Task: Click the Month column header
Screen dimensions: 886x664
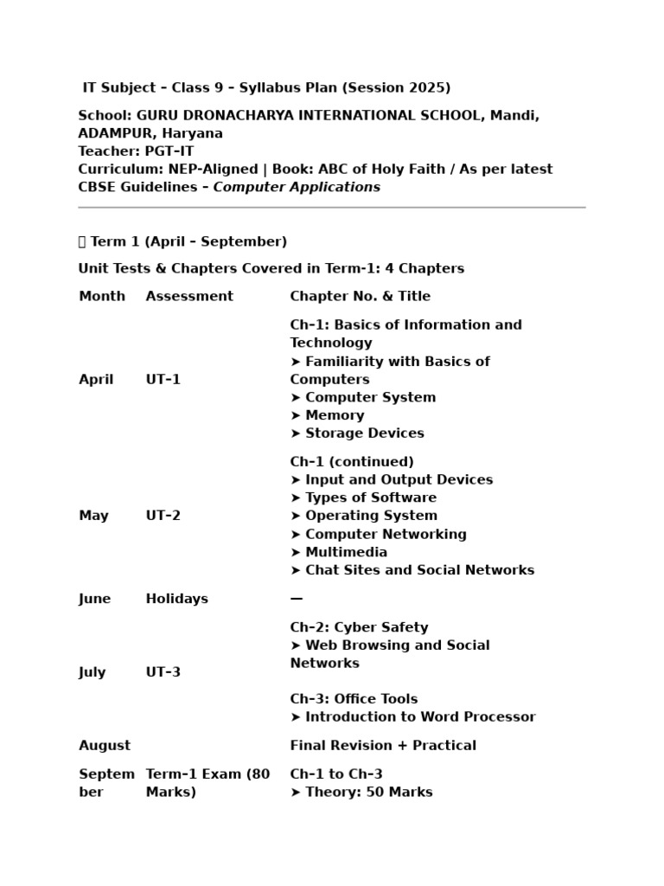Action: [x=102, y=296]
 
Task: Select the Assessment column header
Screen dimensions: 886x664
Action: [x=189, y=296]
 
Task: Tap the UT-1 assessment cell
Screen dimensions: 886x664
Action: [x=163, y=379]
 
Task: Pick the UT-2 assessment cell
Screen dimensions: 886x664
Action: [x=163, y=516]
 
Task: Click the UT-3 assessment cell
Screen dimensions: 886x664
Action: [x=163, y=672]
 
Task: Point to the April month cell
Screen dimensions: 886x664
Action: [x=96, y=379]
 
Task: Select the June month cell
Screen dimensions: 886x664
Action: [x=95, y=599]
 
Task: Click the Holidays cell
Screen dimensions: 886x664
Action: [x=177, y=599]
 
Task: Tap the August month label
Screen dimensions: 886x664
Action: [x=105, y=745]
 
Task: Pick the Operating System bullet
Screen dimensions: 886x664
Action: [x=363, y=516]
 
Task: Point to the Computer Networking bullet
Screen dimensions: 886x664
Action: [x=379, y=534]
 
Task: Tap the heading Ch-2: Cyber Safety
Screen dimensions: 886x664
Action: [x=359, y=627]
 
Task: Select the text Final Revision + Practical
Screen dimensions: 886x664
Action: [x=383, y=745]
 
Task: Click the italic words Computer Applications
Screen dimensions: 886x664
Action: [x=297, y=187]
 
